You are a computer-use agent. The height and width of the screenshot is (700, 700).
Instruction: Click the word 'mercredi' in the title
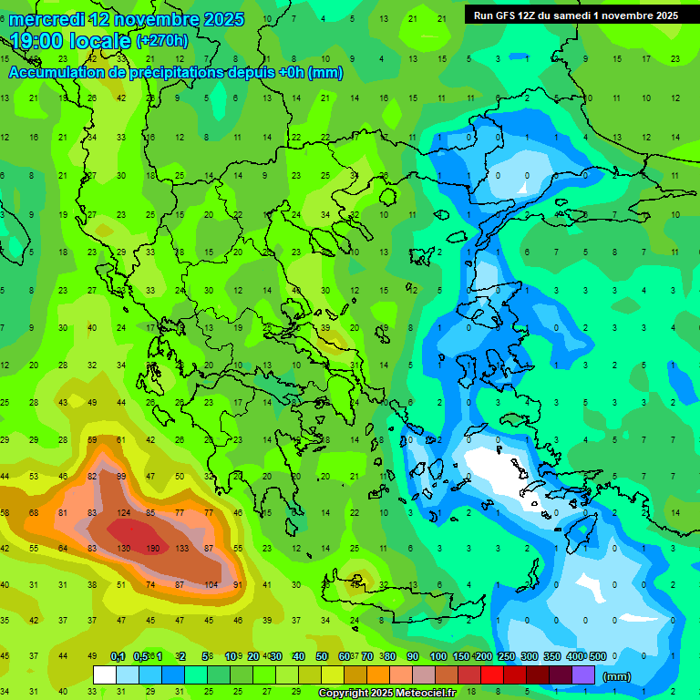click(x=46, y=19)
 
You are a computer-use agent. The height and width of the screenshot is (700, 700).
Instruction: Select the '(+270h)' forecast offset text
click(x=162, y=40)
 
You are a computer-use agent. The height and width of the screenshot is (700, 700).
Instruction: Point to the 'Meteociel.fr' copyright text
click(x=412, y=694)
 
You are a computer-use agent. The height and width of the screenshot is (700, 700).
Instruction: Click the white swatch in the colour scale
click(x=105, y=674)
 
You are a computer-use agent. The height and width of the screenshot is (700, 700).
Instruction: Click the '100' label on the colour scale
click(x=438, y=656)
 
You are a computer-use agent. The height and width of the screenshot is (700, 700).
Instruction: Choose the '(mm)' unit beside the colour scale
click(x=617, y=676)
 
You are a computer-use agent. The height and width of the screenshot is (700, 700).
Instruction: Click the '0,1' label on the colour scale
click(x=118, y=656)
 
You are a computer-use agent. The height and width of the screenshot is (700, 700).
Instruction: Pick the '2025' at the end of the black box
click(x=663, y=15)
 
